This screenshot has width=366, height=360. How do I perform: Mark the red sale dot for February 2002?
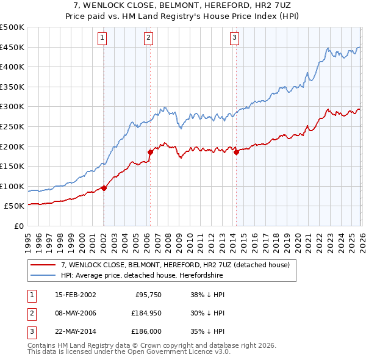pyautogui.click(x=104, y=188)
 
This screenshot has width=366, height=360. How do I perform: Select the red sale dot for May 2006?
pyautogui.click(x=149, y=151)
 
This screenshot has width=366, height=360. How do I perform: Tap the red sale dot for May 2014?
pyautogui.click(x=236, y=153)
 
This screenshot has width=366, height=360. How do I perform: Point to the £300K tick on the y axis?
pyautogui.click(x=12, y=107)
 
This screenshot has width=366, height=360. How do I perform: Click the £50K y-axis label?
pyautogui.click(x=14, y=206)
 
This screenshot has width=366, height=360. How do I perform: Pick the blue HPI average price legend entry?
pyautogui.click(x=142, y=276)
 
